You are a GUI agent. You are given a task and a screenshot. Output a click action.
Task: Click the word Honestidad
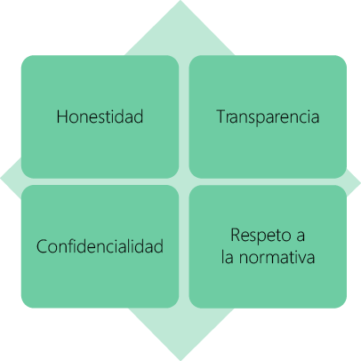tap(100, 116)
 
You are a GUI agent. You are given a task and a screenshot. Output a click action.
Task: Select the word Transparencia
tap(268, 116)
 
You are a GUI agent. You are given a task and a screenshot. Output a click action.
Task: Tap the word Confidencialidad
tap(100, 246)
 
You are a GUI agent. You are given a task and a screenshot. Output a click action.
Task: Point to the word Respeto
tap(257, 236)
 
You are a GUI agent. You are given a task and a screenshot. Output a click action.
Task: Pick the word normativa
tap(277, 257)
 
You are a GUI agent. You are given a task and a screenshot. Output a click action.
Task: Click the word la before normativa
tap(228, 257)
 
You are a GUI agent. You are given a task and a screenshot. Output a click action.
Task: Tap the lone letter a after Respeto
tap(300, 237)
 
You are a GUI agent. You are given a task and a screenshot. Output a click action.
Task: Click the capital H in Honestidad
tap(62, 116)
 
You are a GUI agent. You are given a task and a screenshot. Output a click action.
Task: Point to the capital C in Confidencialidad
tap(42, 246)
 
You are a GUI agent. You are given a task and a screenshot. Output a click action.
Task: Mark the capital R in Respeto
tap(237, 236)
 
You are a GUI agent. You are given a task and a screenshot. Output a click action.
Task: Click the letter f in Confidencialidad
tap(76, 245)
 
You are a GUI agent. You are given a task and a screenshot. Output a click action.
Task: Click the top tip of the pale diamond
tap(180, 1)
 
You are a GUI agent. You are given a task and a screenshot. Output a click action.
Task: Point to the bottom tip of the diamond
tap(180, 360)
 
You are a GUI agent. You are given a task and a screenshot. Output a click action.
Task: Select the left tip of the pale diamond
tap(1, 179)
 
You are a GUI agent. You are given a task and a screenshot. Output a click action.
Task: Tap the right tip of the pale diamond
tap(360, 182)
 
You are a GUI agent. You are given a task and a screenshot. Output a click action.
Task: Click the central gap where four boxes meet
tap(184, 181)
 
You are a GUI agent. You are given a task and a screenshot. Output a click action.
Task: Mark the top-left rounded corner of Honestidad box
tap(24, 59)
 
